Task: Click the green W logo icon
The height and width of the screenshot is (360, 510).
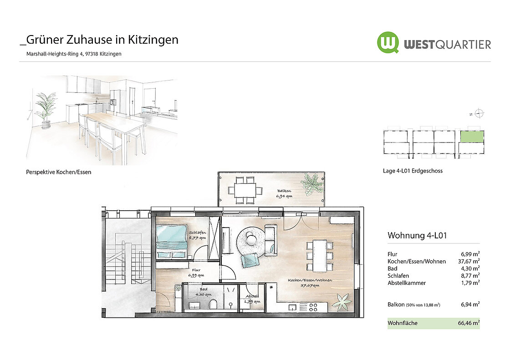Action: click(388, 42)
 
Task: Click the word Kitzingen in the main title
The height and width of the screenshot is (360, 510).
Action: click(153, 40)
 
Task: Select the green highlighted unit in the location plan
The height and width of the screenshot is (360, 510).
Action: click(472, 136)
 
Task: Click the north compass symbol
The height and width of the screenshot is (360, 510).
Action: click(479, 113)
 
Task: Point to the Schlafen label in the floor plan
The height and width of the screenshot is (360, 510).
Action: click(198, 233)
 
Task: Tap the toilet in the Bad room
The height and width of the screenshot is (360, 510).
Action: click(214, 304)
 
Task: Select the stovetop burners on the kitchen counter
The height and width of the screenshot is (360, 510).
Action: click(313, 307)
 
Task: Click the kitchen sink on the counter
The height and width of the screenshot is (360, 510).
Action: click(292, 307)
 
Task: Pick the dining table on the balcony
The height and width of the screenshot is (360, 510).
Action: click(245, 190)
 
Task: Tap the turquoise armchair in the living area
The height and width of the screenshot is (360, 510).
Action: click(249, 260)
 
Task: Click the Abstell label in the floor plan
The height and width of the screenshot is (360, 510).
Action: click(252, 296)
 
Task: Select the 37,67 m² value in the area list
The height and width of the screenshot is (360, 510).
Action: click(469, 261)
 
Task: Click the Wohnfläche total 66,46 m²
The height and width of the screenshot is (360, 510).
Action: click(469, 323)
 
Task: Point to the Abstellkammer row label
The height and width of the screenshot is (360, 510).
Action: click(407, 283)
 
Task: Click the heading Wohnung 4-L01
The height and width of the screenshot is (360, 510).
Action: click(417, 235)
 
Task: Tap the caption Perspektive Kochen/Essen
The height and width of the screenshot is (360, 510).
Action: click(59, 172)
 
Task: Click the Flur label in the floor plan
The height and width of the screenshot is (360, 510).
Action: click(196, 270)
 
